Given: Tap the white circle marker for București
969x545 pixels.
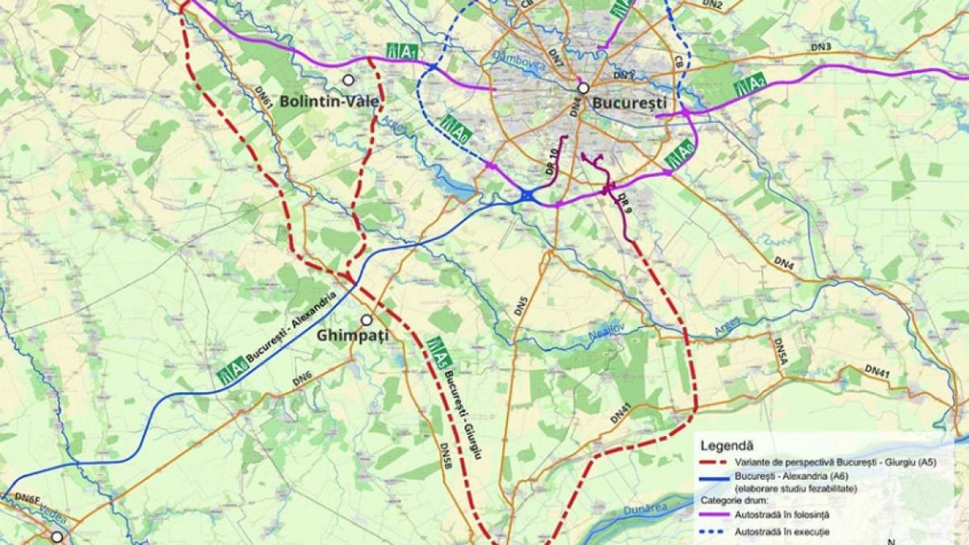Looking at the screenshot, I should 583,88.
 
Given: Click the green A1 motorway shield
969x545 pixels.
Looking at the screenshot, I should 402,52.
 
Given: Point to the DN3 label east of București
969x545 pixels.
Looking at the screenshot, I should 822,48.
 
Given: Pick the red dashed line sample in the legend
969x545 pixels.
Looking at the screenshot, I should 714,463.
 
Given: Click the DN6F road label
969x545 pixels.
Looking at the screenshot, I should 26,500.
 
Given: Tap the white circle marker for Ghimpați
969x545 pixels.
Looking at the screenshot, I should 367,320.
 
